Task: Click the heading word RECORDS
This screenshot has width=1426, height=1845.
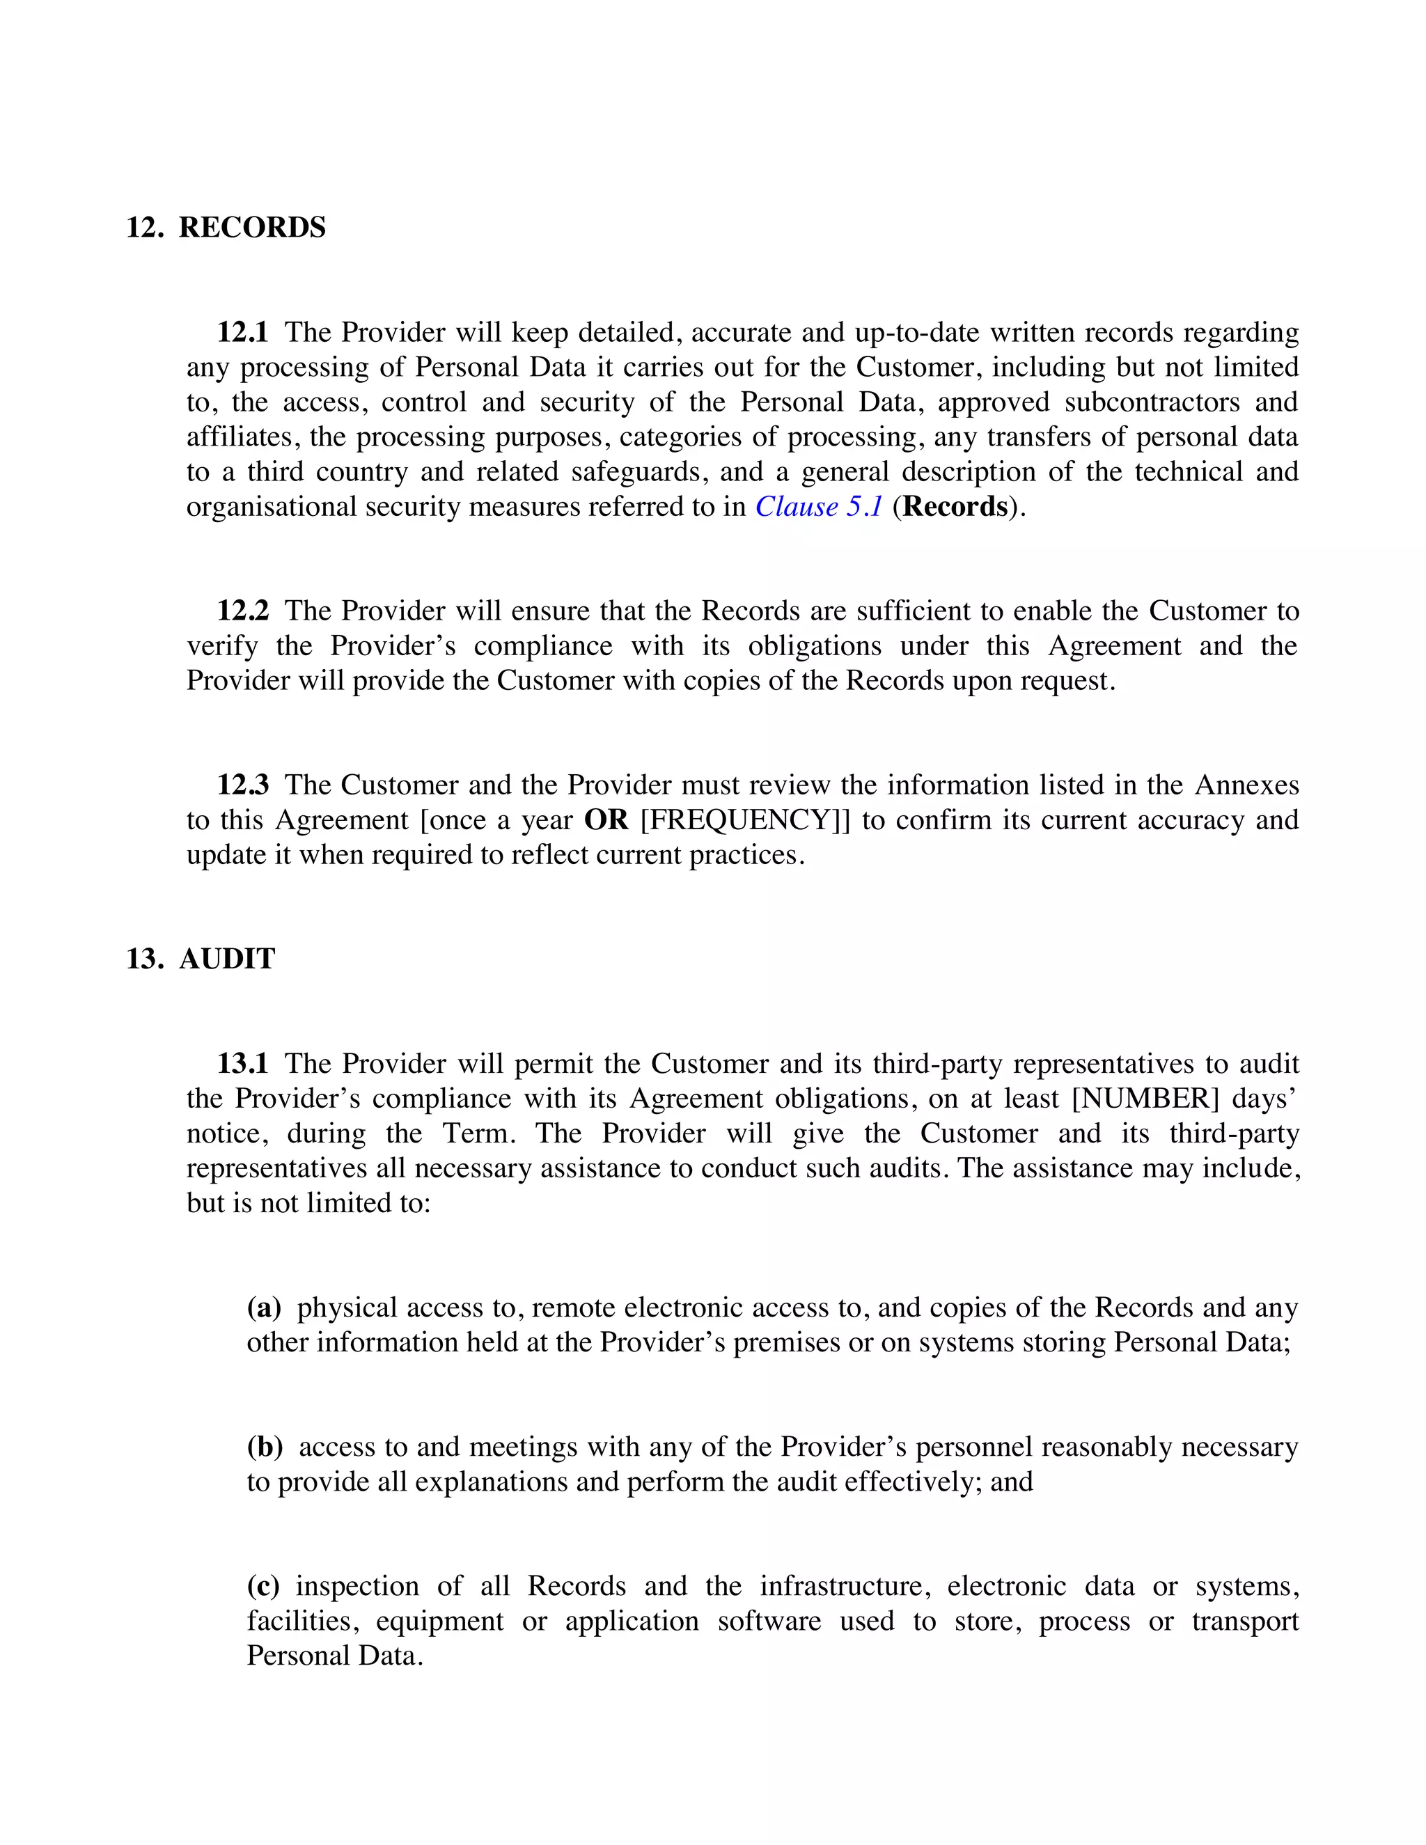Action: coord(252,228)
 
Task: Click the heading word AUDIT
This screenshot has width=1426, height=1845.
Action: coord(226,959)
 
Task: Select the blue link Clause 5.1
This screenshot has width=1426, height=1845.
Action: coord(819,507)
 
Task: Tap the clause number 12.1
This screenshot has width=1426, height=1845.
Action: coord(242,333)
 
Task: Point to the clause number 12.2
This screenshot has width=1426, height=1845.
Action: coord(242,611)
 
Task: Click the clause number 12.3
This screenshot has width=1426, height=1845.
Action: coord(242,785)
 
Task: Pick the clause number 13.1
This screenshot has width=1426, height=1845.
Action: coord(242,1064)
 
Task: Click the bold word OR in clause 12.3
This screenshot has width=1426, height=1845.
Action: coord(606,820)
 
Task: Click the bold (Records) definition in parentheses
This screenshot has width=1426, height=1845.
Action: coord(955,507)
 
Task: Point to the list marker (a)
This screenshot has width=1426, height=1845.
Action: coord(264,1308)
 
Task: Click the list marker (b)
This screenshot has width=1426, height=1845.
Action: coord(265,1447)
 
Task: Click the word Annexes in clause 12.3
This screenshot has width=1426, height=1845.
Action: coord(1246,785)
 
